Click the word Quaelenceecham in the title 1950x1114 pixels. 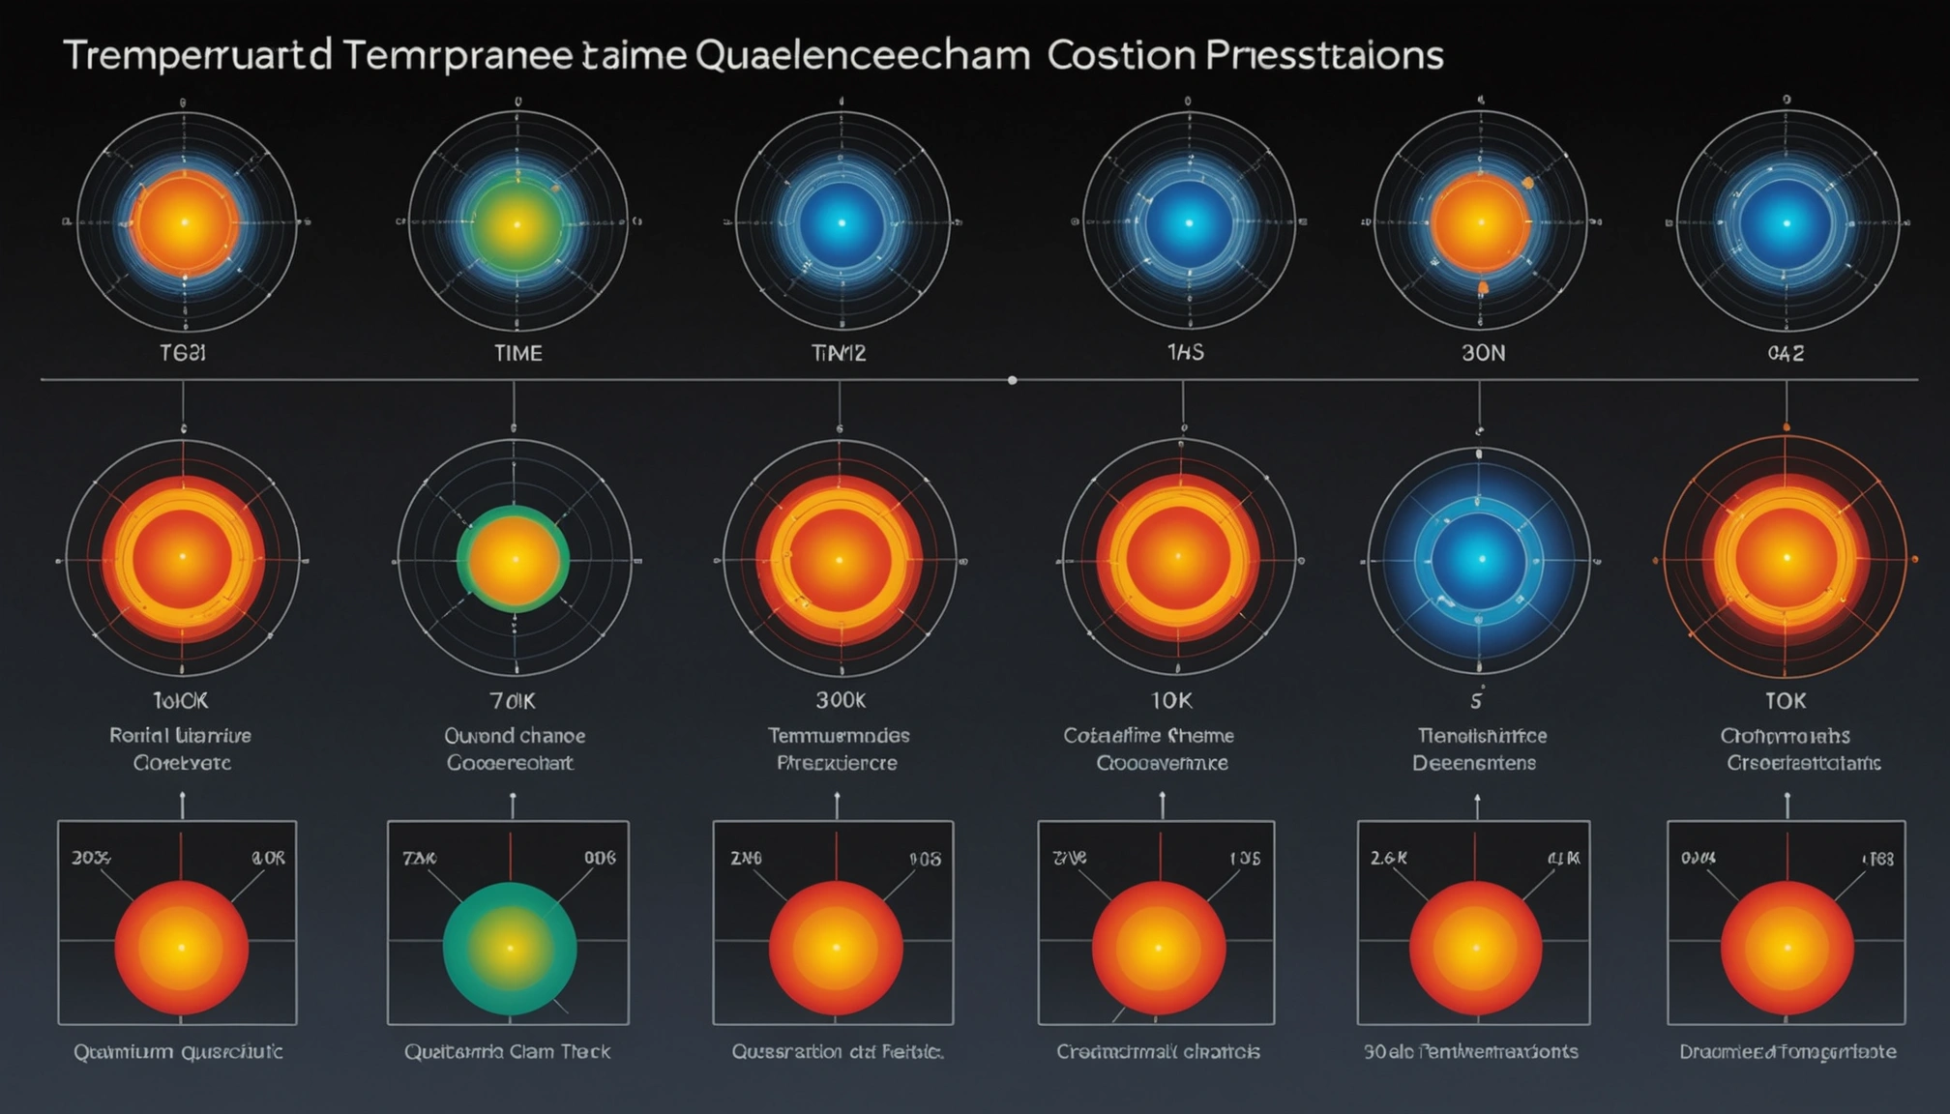(862, 56)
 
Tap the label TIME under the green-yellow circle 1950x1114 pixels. (517, 353)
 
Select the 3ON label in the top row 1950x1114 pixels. (1483, 353)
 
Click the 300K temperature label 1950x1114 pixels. (840, 699)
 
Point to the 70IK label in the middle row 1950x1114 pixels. (513, 700)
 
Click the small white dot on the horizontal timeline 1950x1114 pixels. (1012, 380)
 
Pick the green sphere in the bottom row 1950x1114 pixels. (510, 949)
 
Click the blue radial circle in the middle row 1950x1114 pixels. (1479, 560)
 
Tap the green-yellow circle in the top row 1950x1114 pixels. (517, 224)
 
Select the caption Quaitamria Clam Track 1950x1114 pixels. (507, 1051)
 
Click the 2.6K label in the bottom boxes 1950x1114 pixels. (1388, 857)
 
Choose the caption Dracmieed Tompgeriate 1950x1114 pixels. (1787, 1051)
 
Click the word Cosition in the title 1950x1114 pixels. (1120, 56)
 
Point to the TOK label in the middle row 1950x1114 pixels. (1786, 700)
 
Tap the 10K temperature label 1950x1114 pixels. (1170, 699)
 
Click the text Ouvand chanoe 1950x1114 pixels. (515, 736)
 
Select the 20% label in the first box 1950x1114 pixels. (91, 857)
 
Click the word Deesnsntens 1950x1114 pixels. (1473, 763)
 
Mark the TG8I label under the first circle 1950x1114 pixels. (182, 353)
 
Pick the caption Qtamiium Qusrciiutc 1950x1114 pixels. (178, 1051)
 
